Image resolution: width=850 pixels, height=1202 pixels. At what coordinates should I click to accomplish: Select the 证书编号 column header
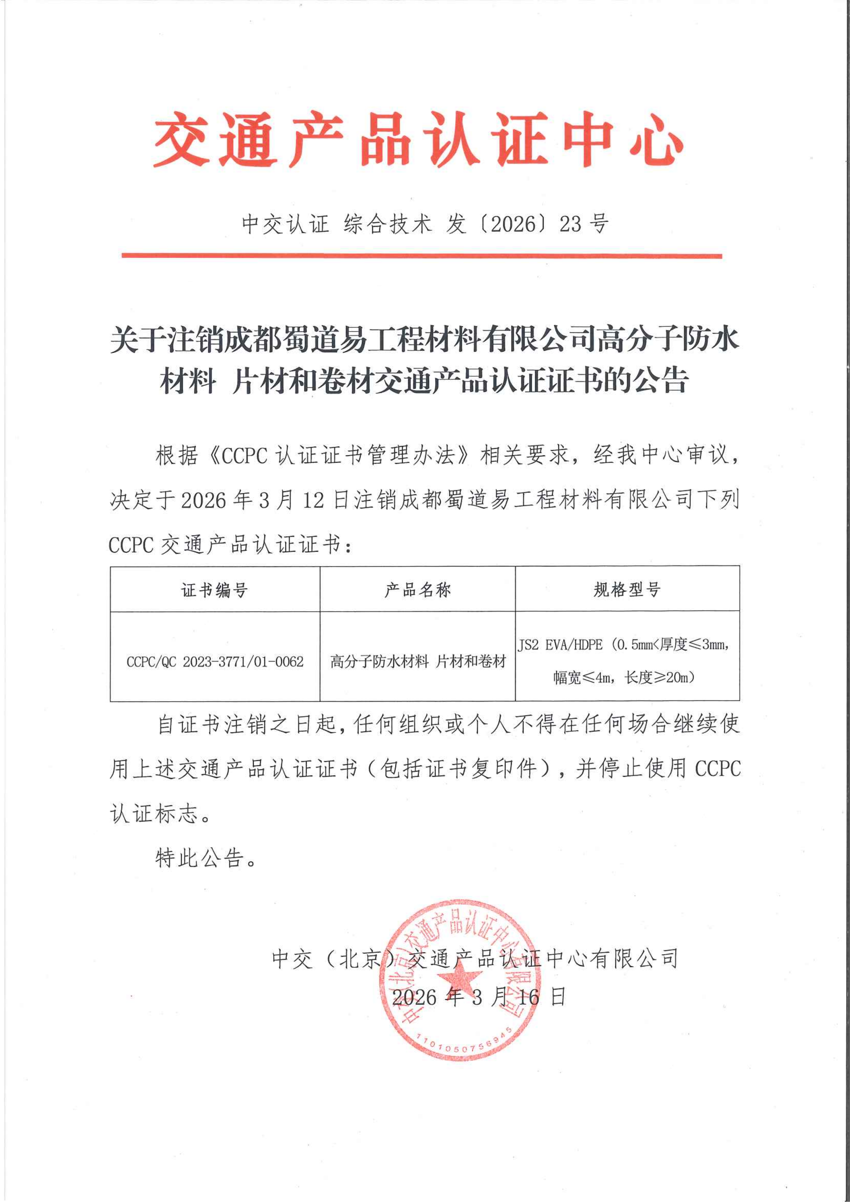tap(215, 590)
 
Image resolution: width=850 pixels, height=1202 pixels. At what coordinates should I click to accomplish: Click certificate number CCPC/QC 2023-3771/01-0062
tap(215, 662)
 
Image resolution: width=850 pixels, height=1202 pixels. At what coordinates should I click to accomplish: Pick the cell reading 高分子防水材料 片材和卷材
tap(418, 662)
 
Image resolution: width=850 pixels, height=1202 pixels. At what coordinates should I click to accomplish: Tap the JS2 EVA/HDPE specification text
tap(560, 645)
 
